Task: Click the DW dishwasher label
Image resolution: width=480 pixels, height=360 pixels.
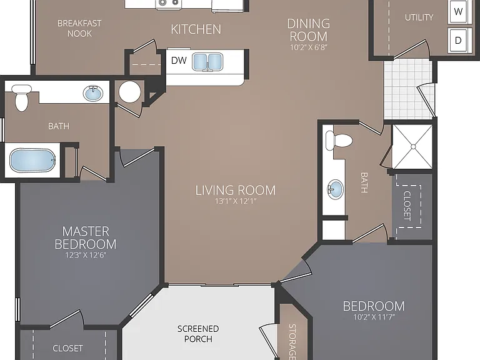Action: (x=179, y=60)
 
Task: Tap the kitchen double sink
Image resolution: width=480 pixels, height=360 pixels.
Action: (x=207, y=62)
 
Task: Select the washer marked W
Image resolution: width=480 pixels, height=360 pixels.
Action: (x=458, y=12)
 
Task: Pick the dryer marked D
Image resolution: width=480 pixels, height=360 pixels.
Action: (x=458, y=40)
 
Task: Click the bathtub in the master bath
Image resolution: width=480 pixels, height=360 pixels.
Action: (x=32, y=161)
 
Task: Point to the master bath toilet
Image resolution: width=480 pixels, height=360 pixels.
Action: (x=21, y=97)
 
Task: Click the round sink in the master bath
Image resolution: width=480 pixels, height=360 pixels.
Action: (x=93, y=93)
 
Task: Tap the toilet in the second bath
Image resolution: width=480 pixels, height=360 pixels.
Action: (x=339, y=141)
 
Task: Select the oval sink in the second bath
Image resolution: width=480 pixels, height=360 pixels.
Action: (x=336, y=189)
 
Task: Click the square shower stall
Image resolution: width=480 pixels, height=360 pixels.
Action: (x=412, y=147)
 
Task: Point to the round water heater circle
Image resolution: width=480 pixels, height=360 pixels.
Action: (x=130, y=92)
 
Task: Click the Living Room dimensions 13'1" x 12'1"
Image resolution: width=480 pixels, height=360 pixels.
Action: (x=236, y=201)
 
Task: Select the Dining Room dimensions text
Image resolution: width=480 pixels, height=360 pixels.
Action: (x=309, y=47)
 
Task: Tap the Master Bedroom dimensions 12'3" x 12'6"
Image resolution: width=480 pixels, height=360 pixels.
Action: (x=86, y=255)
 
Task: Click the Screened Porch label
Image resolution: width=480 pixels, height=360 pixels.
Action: (x=198, y=334)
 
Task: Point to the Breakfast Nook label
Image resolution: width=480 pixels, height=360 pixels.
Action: (x=79, y=28)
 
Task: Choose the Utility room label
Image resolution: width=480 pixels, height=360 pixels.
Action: (x=419, y=17)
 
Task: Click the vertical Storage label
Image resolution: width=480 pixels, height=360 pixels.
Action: (x=292, y=342)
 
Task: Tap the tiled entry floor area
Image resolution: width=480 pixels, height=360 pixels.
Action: (x=407, y=89)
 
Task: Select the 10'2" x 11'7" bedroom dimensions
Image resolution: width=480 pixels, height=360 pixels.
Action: (x=374, y=317)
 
